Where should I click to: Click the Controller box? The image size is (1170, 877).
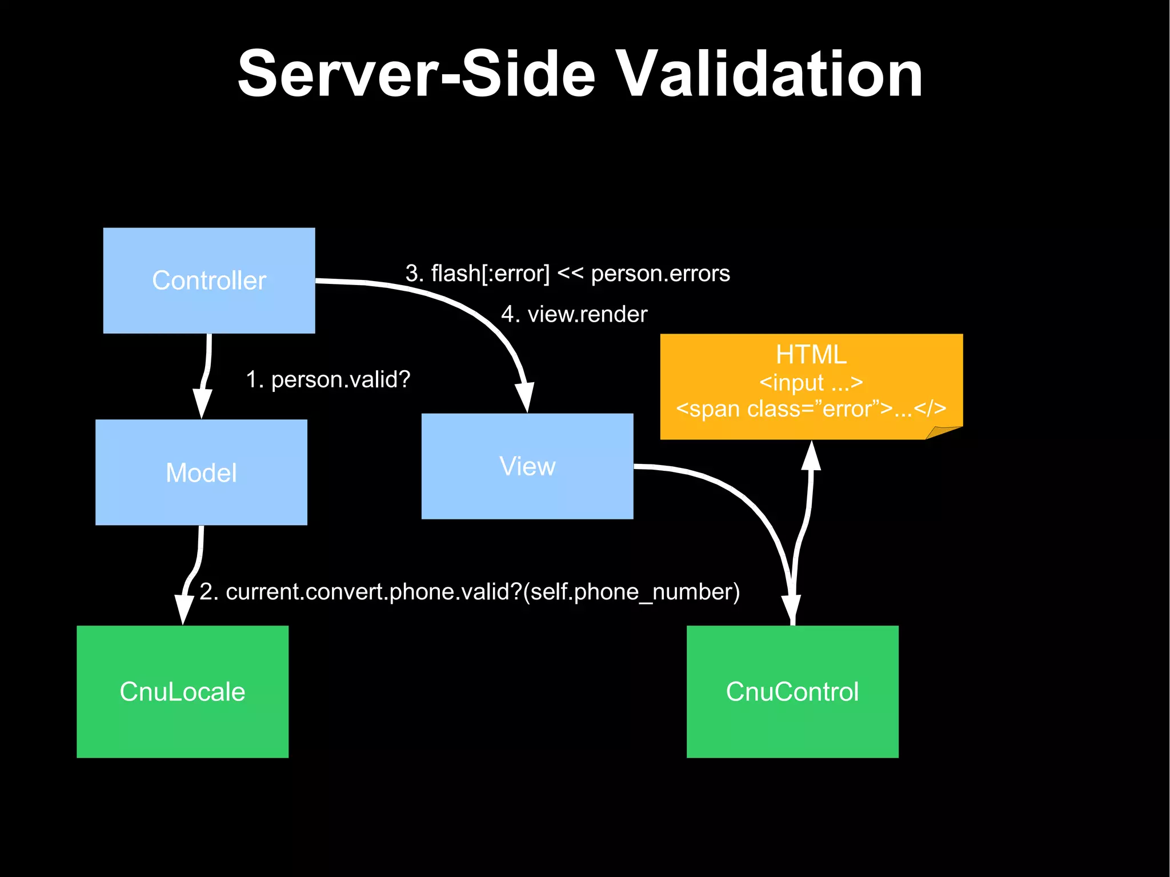pos(209,280)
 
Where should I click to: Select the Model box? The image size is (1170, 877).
pos(201,472)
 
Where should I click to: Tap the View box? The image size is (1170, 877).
pos(527,466)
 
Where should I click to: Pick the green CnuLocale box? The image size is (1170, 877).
pos(182,691)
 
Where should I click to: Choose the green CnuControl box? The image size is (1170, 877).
pos(792,691)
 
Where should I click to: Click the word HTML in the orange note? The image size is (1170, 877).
pos(811,355)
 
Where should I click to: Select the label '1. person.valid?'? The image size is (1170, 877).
pos(328,379)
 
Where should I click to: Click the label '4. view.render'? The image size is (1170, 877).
pos(574,314)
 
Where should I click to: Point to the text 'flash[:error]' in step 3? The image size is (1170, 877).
pos(490,273)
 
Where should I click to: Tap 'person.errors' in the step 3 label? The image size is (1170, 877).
pos(660,273)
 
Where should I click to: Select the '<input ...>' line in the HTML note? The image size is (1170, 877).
pos(811,382)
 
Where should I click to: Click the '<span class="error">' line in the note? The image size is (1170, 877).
pos(811,409)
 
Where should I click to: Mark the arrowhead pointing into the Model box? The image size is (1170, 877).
pos(202,403)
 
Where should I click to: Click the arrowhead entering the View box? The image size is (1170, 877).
pos(526,397)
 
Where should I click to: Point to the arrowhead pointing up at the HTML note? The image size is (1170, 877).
pos(811,455)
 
